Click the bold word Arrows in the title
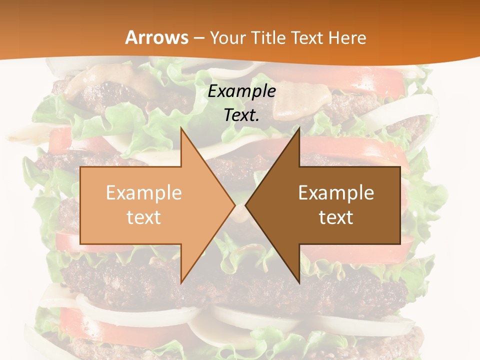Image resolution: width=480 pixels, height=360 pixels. click(x=156, y=37)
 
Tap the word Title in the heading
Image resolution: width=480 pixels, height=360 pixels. click(x=268, y=37)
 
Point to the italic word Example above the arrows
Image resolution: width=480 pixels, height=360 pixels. click(x=241, y=91)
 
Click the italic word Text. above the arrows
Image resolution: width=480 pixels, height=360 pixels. click(x=241, y=115)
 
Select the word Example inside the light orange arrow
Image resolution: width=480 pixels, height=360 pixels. click(x=144, y=193)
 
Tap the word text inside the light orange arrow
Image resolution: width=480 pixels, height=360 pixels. click(x=144, y=217)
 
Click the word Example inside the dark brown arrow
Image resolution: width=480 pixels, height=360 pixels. click(x=336, y=193)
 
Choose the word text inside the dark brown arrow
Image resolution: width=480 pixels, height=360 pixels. click(x=336, y=217)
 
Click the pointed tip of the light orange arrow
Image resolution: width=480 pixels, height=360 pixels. click(x=233, y=205)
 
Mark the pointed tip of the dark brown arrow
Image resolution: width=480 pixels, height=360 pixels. click(x=247, y=205)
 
